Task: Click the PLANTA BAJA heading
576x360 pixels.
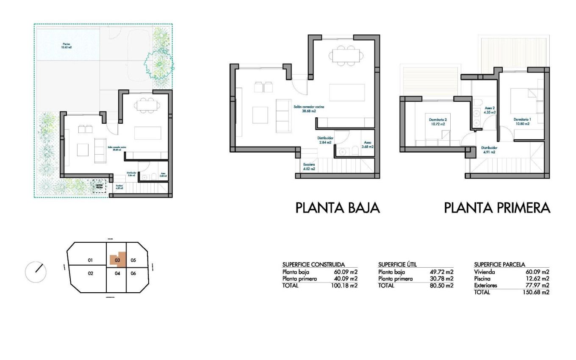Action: pyautogui.click(x=337, y=208)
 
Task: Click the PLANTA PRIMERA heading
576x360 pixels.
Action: pyautogui.click(x=497, y=208)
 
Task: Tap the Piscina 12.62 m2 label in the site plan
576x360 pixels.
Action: pyautogui.click(x=66, y=45)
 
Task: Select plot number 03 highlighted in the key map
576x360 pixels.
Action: pyautogui.click(x=118, y=260)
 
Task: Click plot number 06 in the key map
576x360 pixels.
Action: pyautogui.click(x=133, y=274)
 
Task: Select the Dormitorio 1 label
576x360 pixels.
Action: pyautogui.click(x=521, y=122)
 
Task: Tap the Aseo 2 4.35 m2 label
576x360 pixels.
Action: pyautogui.click(x=490, y=111)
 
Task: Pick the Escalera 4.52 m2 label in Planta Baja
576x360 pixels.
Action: pyautogui.click(x=309, y=166)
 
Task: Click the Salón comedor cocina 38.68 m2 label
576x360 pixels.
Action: pyautogui.click(x=308, y=109)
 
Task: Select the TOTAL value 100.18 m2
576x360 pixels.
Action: pyautogui.click(x=344, y=285)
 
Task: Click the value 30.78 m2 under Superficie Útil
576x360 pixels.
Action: pyautogui.click(x=440, y=279)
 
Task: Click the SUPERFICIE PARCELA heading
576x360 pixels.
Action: pyautogui.click(x=499, y=264)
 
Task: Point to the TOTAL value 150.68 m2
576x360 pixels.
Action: pyautogui.click(x=536, y=292)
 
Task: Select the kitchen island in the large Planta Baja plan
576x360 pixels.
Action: pyautogui.click(x=347, y=92)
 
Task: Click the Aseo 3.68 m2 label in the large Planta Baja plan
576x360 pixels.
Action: pyautogui.click(x=367, y=145)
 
